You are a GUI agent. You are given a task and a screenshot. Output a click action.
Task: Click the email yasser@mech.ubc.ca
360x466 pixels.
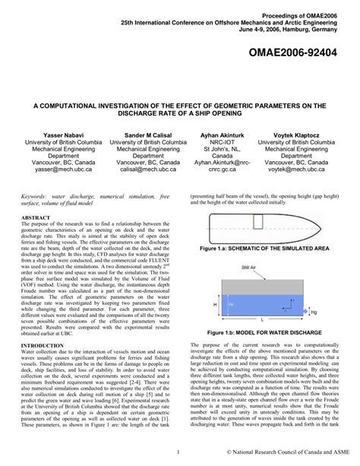point(49,171)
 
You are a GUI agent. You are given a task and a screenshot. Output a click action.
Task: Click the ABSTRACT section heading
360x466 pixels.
point(35,217)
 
